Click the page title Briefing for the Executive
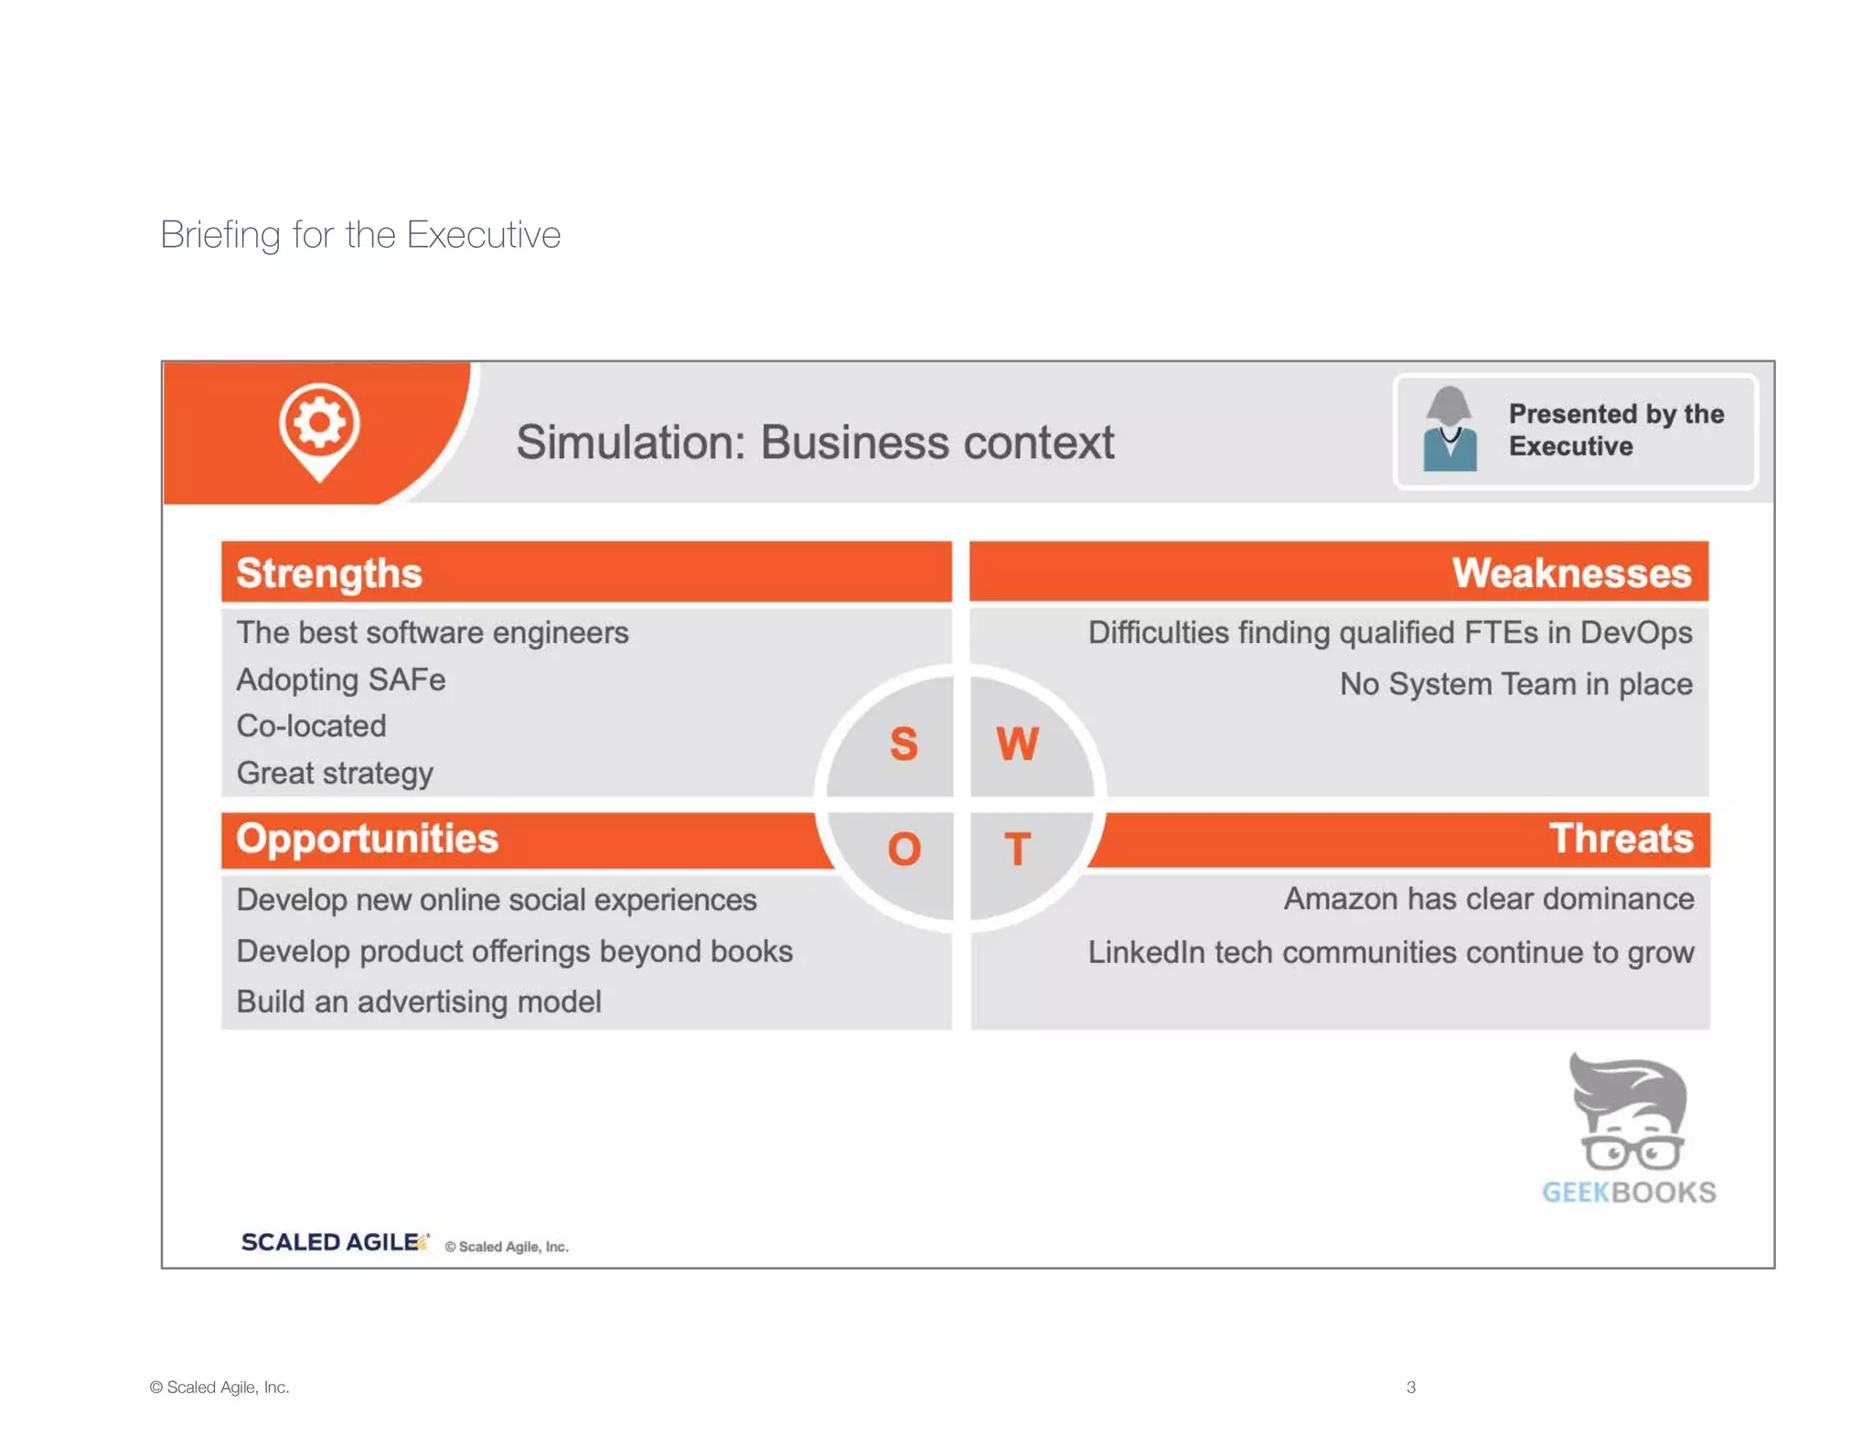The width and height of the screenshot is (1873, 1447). coord(360,235)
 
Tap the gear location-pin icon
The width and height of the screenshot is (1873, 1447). coord(319,427)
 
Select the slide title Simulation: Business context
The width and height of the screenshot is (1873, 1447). coord(814,443)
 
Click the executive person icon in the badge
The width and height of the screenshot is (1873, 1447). coord(1450,430)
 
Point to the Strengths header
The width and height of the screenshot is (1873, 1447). coord(329,573)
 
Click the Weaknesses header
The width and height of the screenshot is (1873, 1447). coord(1570,573)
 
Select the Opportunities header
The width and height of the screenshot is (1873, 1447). coord(367,839)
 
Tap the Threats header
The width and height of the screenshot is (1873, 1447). coord(1620,839)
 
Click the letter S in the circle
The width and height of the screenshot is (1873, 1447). coord(904,744)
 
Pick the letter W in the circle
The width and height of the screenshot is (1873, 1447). coord(1017,744)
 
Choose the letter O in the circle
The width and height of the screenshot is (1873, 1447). coord(904,850)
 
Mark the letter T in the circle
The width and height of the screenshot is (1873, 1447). coord(1017,850)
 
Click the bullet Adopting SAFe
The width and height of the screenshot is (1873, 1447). coord(341,680)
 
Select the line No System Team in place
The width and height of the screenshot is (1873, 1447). coord(1515,684)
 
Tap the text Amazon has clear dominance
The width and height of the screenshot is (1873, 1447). coord(1488,899)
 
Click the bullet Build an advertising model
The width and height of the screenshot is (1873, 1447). coord(419,1002)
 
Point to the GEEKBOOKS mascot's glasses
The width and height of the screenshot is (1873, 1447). coord(1632,1152)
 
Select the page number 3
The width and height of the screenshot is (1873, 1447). coord(1410,1387)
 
